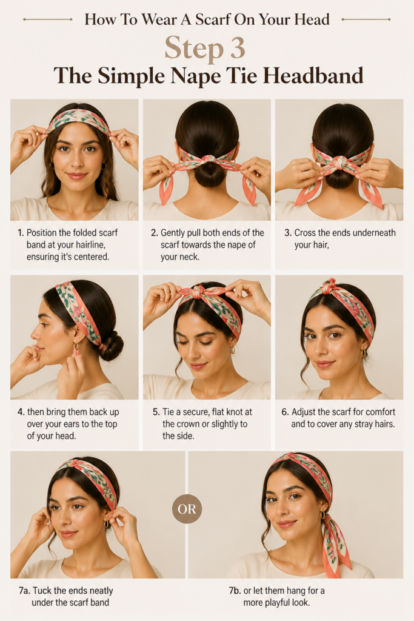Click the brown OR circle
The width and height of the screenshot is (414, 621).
(187, 509)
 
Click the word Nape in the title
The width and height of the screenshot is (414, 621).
(196, 76)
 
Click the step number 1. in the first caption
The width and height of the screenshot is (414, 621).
(21, 233)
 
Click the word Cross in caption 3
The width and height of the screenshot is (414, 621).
(305, 233)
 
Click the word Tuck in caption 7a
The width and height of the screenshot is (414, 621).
(42, 591)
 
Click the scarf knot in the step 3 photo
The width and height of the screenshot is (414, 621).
(339, 163)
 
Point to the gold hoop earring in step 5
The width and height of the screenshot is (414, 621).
(233, 350)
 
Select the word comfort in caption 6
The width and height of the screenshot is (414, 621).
(381, 412)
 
